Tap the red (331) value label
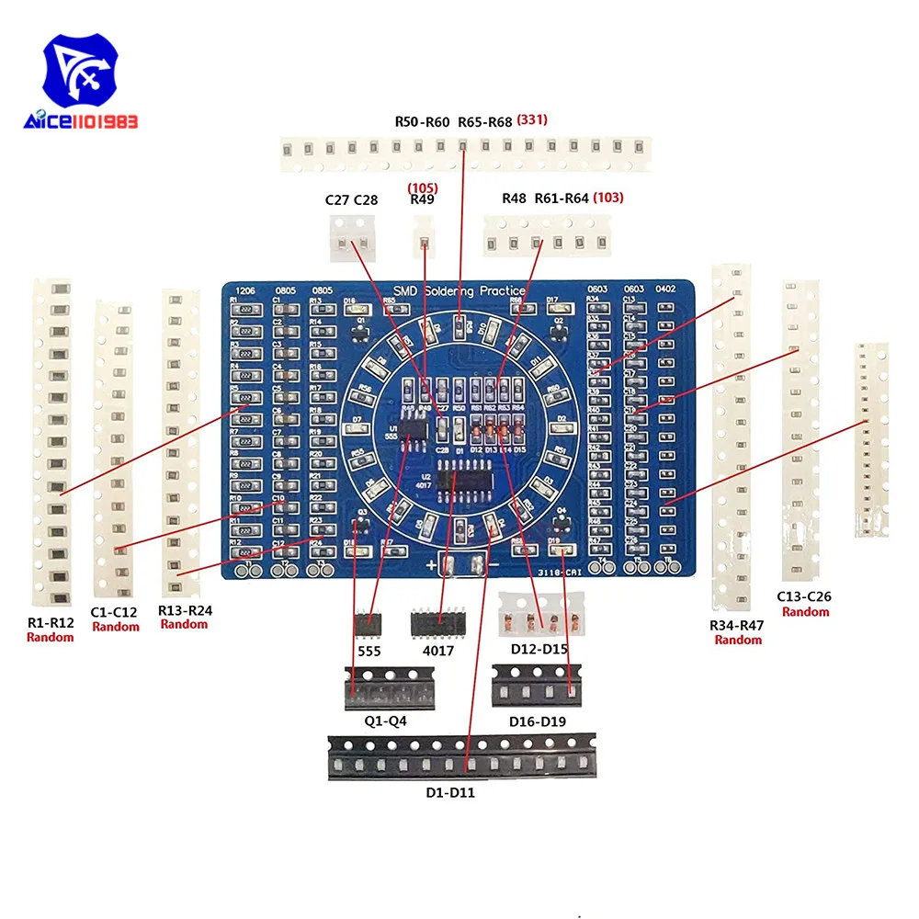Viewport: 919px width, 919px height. coord(534,119)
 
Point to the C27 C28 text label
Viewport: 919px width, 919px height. coord(351,199)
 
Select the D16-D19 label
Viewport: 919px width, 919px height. coord(538,721)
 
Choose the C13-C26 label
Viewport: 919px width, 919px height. coord(805,596)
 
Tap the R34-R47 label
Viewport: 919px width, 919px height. coord(738,626)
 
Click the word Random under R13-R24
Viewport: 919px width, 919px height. coord(184,624)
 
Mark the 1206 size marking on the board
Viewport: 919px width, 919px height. coord(244,289)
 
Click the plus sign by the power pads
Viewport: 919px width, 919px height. coord(430,563)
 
